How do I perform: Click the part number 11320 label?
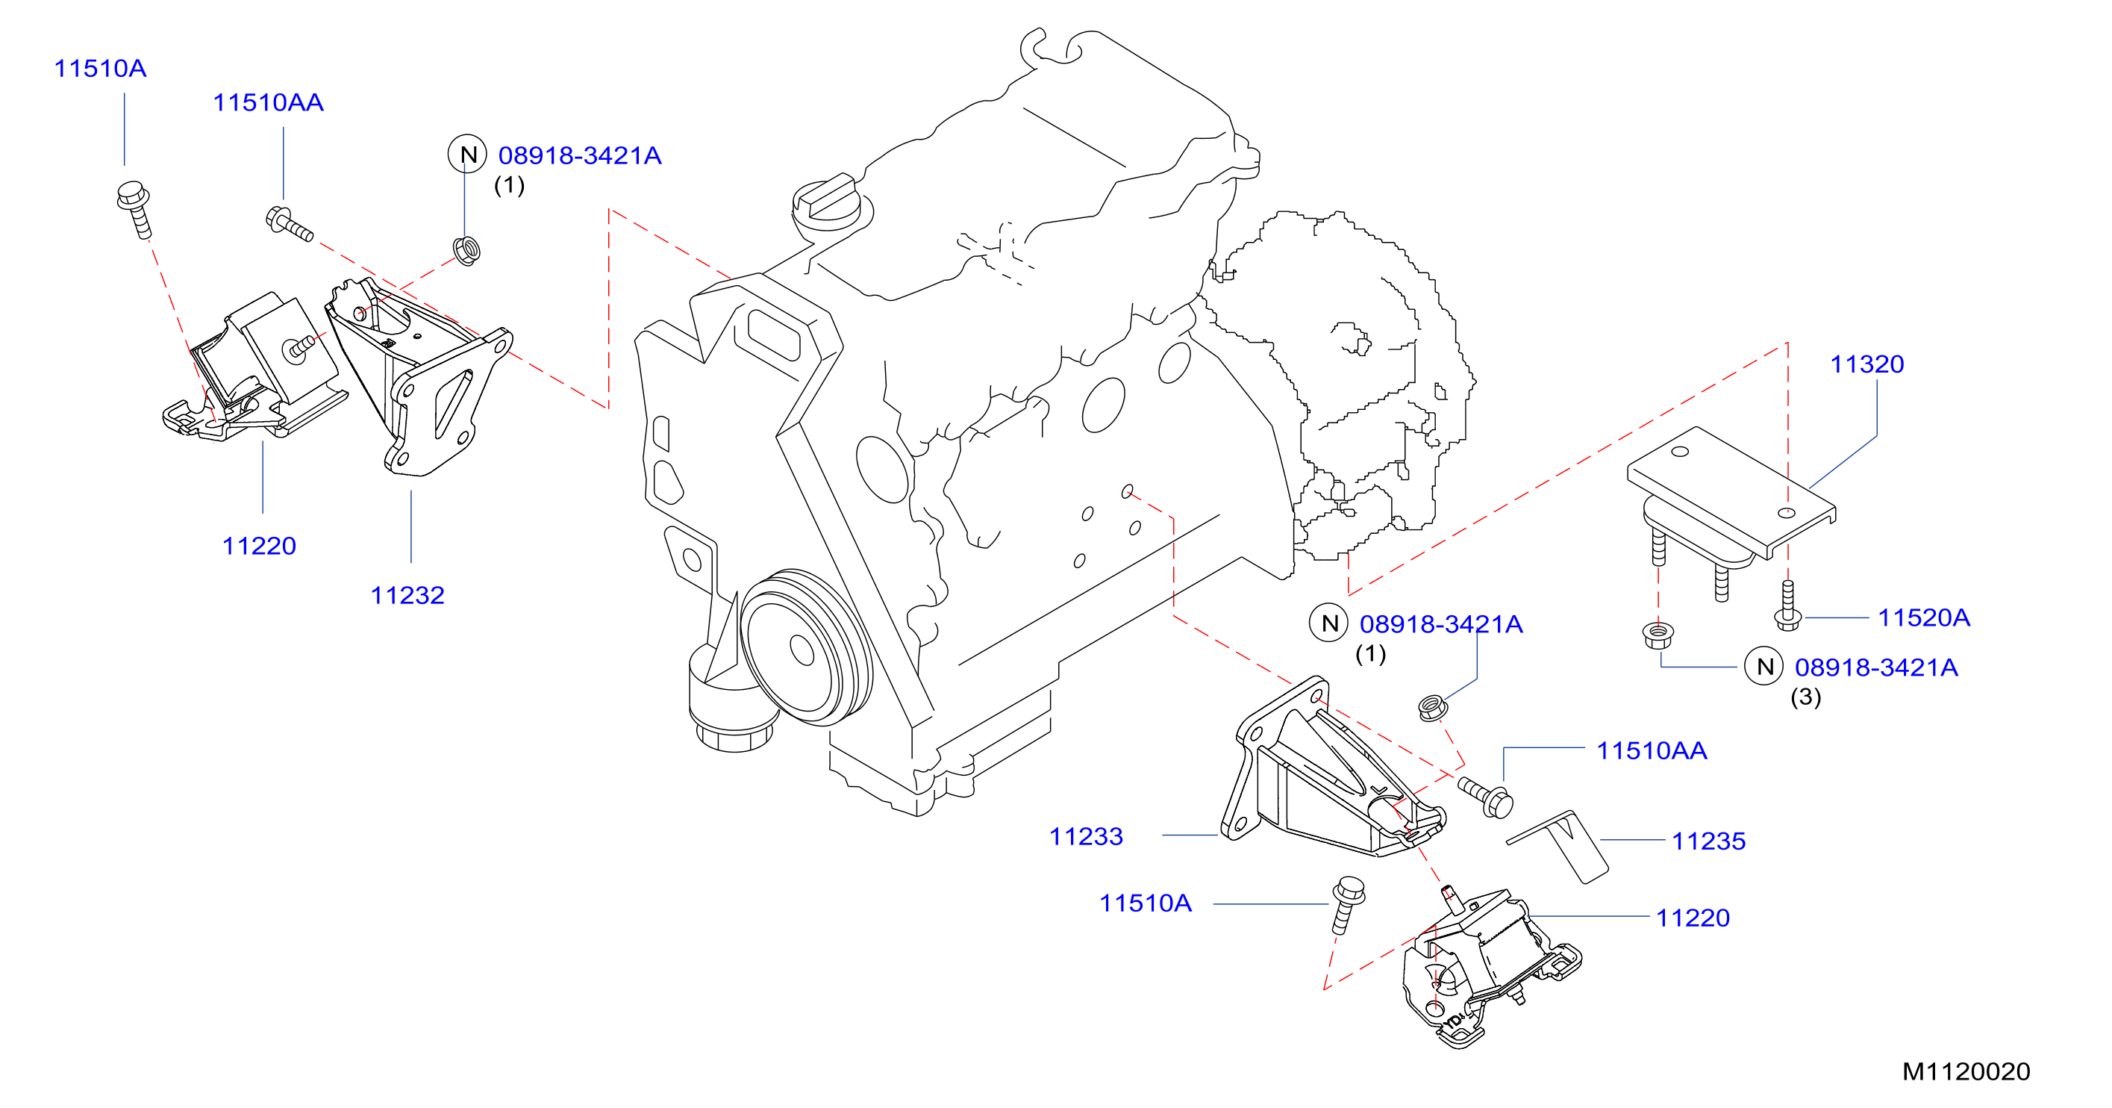(1867, 364)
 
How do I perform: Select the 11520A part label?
(1923, 617)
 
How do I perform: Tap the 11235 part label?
(1708, 841)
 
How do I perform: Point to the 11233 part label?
(1087, 836)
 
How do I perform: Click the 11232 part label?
(407, 595)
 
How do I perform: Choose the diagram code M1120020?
(1966, 1071)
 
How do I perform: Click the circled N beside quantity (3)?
(1764, 667)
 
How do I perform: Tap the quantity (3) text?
(1805, 697)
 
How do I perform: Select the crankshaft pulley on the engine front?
(806, 648)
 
